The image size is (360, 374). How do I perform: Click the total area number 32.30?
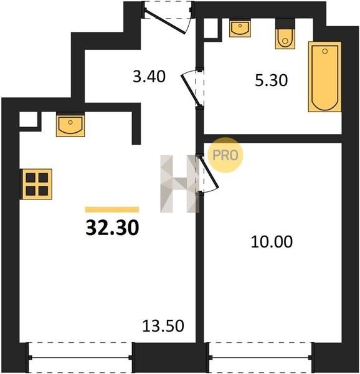click(112, 228)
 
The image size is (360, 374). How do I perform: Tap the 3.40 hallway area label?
click(149, 77)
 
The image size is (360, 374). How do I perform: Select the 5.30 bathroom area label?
click(272, 80)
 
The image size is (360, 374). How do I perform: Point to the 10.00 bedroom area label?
click(272, 242)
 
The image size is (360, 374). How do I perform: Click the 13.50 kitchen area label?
click(163, 326)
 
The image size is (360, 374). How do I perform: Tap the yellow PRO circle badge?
click(225, 155)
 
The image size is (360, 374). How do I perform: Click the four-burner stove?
click(37, 184)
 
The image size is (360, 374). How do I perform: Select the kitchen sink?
click(70, 126)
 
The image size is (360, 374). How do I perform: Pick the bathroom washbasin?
click(240, 29)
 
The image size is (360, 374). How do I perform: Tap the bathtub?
click(324, 77)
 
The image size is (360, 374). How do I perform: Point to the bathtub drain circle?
click(324, 51)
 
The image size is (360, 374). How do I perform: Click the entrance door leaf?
click(165, 22)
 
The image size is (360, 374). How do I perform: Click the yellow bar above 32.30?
click(112, 209)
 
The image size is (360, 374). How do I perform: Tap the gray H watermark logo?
click(179, 184)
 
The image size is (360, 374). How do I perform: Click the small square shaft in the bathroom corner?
click(212, 29)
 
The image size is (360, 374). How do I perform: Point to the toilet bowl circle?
click(285, 41)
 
